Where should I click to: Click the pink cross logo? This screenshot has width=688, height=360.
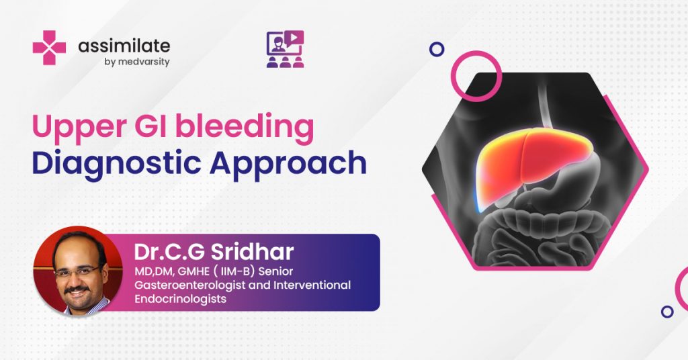49,48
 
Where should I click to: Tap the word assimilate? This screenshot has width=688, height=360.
124,46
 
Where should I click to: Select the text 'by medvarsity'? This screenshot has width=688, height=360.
137,62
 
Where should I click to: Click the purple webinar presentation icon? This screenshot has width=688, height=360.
285,48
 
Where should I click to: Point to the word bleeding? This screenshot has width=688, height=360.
245,126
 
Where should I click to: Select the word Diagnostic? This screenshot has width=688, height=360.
116,164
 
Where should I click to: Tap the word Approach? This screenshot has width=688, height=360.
288,164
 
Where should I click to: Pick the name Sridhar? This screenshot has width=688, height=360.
252,252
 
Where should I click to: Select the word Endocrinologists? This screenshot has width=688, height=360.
180,299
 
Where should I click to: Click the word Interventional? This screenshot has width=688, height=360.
312,285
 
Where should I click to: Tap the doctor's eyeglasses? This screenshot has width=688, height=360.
77,271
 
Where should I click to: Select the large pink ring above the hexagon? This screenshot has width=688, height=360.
476,51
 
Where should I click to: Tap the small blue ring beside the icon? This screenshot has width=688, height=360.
437,49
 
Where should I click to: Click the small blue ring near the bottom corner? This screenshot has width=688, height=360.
667,312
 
